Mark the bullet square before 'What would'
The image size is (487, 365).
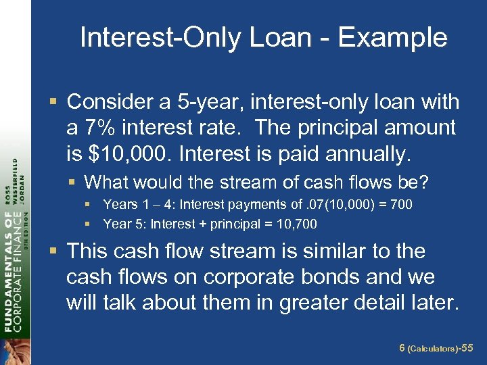coord(75,182)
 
